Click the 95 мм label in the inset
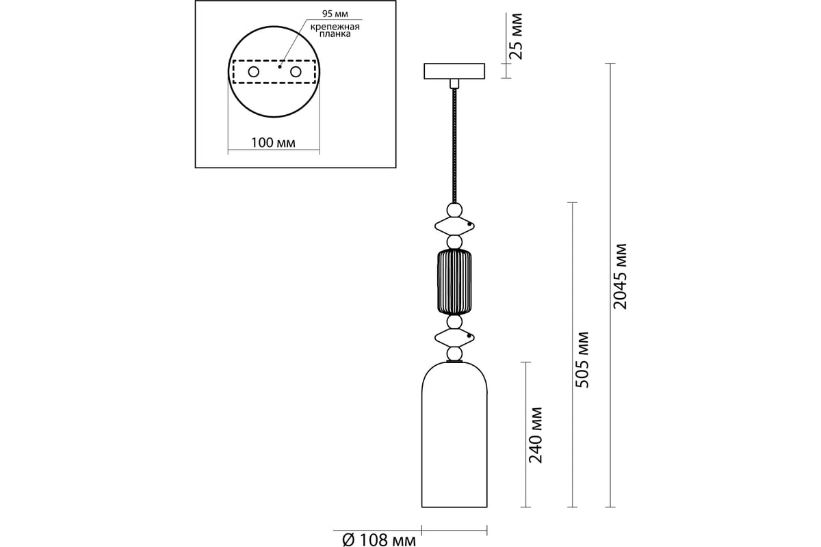coord(335,14)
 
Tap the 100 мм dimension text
coord(273,142)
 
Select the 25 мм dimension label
coord(516,36)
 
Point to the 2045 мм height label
coord(620,276)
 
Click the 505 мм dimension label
coord(582,360)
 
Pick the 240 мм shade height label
coord(536,435)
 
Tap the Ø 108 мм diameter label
coord(379,540)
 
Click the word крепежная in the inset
coord(335,27)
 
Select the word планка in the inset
coord(335,34)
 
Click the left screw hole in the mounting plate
coord(253,72)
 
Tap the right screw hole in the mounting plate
coord(296,72)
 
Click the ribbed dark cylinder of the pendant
coord(454,282)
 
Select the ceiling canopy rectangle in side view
coord(454,71)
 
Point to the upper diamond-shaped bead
coord(454,226)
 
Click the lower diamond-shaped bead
coord(454,338)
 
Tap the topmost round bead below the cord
coord(454,211)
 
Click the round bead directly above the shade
coord(454,354)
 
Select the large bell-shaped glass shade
coord(454,435)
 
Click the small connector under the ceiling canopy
coord(454,83)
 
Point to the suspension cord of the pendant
coord(454,146)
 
